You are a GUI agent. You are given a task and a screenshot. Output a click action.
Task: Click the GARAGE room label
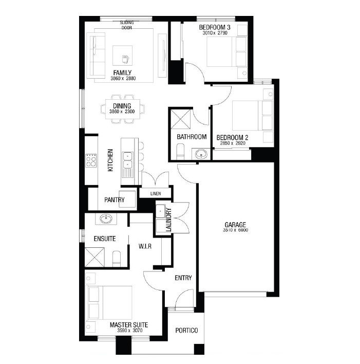[x=235, y=225]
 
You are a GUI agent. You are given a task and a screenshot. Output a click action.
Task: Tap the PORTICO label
[x=186, y=331]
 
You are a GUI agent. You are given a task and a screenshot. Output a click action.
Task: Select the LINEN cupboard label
[x=156, y=193]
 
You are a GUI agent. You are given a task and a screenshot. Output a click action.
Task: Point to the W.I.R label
[x=145, y=246]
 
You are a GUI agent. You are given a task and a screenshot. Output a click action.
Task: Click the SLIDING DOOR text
[x=127, y=25]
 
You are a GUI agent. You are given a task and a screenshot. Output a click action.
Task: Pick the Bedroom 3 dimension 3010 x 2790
[x=215, y=33]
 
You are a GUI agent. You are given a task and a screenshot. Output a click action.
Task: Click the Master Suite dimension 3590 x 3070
[x=129, y=331]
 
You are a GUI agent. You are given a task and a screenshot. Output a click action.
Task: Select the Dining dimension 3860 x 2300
[x=122, y=112]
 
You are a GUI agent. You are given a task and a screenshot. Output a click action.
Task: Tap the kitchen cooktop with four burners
[x=91, y=160]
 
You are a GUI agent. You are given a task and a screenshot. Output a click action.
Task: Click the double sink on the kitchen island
[x=127, y=160]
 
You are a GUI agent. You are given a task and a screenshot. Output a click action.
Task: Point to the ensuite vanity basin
[x=106, y=219]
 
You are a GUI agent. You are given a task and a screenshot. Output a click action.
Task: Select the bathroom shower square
[x=181, y=119]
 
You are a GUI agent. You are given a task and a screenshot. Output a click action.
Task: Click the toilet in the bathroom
[x=180, y=152]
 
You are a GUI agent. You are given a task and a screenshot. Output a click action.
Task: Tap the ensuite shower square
[x=94, y=257]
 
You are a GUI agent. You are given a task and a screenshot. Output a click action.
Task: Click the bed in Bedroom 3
[x=227, y=52]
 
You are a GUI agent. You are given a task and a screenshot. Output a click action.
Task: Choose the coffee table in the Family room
[x=122, y=56]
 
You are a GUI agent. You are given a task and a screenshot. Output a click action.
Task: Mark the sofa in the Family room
[x=96, y=56]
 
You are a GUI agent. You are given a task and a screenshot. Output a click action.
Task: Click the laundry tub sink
[x=160, y=211]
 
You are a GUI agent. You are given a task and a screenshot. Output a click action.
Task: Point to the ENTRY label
[x=183, y=278]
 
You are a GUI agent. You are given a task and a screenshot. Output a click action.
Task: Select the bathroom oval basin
[x=201, y=154]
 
